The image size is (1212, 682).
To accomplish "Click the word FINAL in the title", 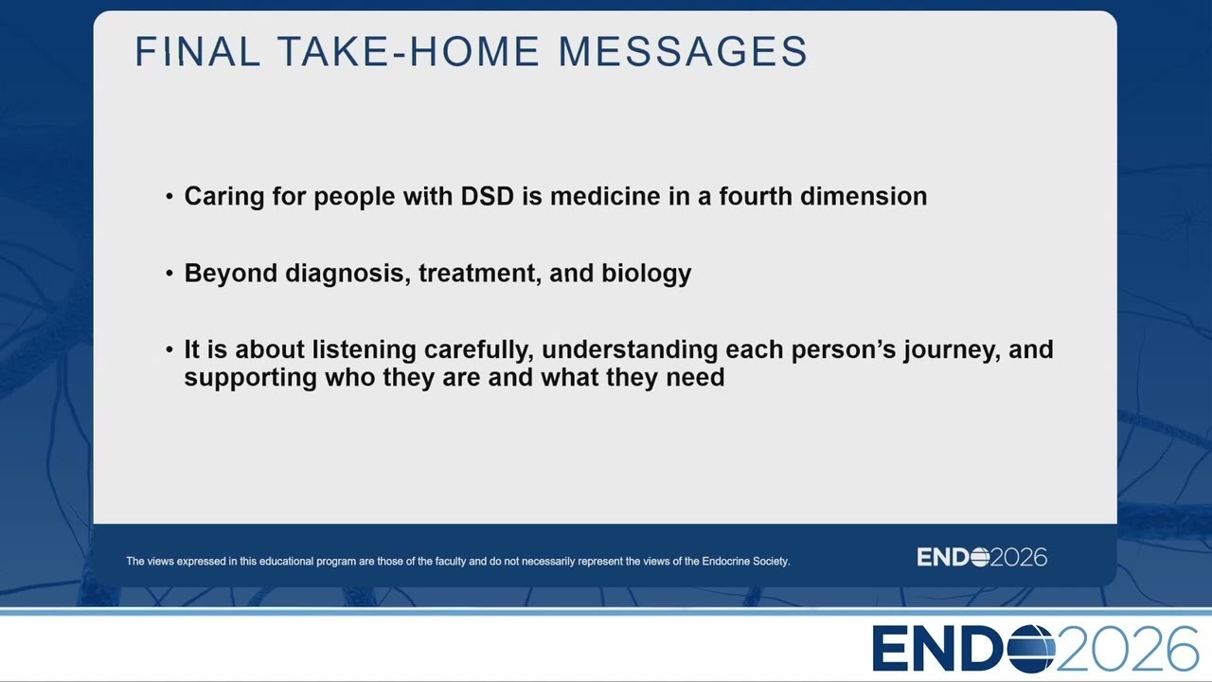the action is pyautogui.click(x=198, y=51).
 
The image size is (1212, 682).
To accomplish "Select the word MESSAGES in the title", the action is pyautogui.click(x=683, y=51).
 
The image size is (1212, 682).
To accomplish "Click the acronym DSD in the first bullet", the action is pyautogui.click(x=487, y=196).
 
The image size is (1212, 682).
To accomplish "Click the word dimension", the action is pyautogui.click(x=864, y=196).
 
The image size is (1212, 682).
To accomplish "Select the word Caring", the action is pyautogui.click(x=224, y=197).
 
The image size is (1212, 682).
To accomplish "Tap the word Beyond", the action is pyautogui.click(x=231, y=274).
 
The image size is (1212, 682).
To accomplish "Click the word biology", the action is pyautogui.click(x=647, y=274).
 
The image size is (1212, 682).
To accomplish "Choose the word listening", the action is pyautogui.click(x=364, y=350).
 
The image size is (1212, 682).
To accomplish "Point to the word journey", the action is pyautogui.click(x=952, y=350).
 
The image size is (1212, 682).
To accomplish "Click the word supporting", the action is pyautogui.click(x=251, y=378).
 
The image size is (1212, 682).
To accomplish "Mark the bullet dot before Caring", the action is pyautogui.click(x=169, y=196).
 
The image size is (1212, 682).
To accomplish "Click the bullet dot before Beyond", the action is pyautogui.click(x=169, y=274).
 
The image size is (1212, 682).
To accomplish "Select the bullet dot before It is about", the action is pyautogui.click(x=169, y=350).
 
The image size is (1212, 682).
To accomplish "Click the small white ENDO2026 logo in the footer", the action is pyautogui.click(x=982, y=557).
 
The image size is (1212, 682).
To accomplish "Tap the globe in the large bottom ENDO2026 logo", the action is pyautogui.click(x=1030, y=649).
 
